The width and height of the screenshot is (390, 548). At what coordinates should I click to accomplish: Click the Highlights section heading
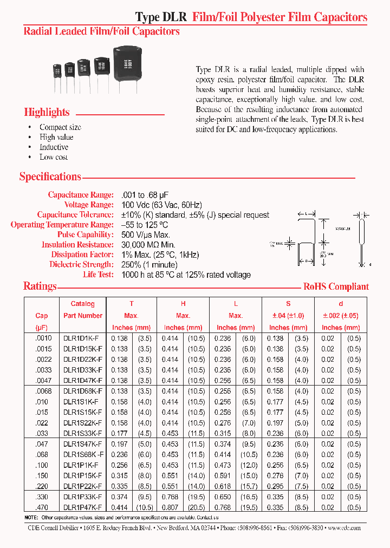47,113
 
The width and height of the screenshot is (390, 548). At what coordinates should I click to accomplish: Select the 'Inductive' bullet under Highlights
54,147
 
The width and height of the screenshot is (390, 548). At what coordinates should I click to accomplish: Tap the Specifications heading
50,177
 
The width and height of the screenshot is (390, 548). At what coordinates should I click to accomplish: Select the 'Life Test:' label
97,275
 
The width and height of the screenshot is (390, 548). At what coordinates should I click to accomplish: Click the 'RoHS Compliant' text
336,287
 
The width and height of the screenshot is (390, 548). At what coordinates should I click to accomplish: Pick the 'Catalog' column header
82,304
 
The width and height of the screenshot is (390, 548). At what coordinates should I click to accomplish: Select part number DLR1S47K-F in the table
83,443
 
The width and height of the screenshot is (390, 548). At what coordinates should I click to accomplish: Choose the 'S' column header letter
288,304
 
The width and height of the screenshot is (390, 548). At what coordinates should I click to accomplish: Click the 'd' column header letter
340,304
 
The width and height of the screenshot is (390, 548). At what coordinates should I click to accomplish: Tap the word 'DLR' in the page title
175,17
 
